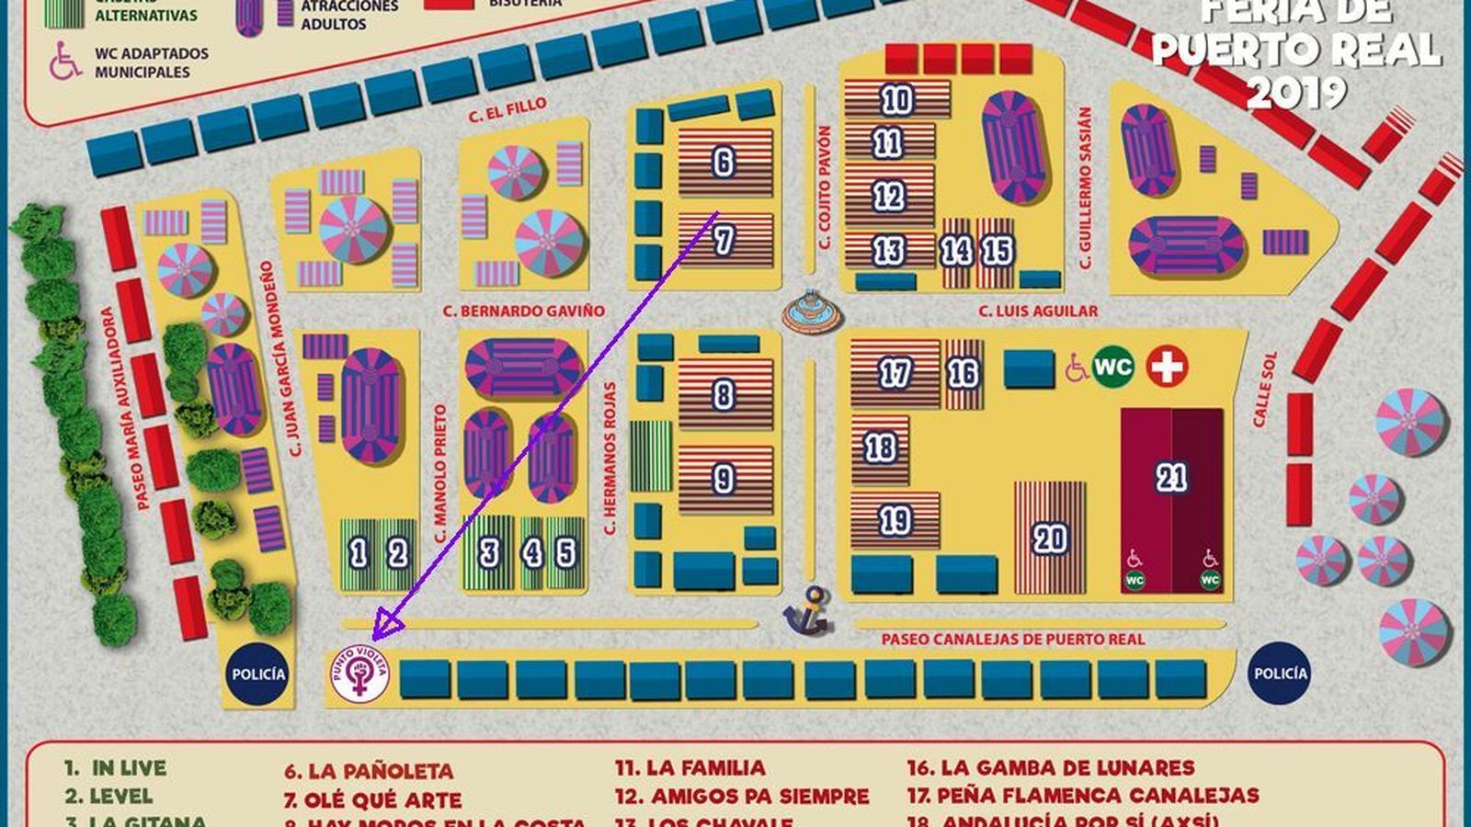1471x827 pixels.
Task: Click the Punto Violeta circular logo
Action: point(359,675)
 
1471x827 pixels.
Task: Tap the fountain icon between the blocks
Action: point(812,312)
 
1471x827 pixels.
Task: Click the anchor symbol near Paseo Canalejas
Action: point(806,610)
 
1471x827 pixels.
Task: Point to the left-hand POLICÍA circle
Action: point(258,674)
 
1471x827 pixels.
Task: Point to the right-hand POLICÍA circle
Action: point(1280,674)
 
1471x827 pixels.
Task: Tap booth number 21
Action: point(1171,478)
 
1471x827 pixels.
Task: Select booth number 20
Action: point(1049,538)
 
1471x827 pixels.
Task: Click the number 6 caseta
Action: point(724,163)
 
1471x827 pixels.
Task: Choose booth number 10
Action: point(896,99)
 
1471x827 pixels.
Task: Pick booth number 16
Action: point(963,374)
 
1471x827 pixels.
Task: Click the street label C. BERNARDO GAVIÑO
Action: point(523,312)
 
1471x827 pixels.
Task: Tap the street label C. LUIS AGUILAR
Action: point(1037,312)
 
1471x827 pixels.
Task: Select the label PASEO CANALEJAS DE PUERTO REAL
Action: point(1012,639)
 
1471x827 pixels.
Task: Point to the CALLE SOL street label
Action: point(1265,390)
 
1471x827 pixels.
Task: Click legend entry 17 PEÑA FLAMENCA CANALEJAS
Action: point(1084,796)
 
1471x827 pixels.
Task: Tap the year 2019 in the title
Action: point(1297,92)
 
